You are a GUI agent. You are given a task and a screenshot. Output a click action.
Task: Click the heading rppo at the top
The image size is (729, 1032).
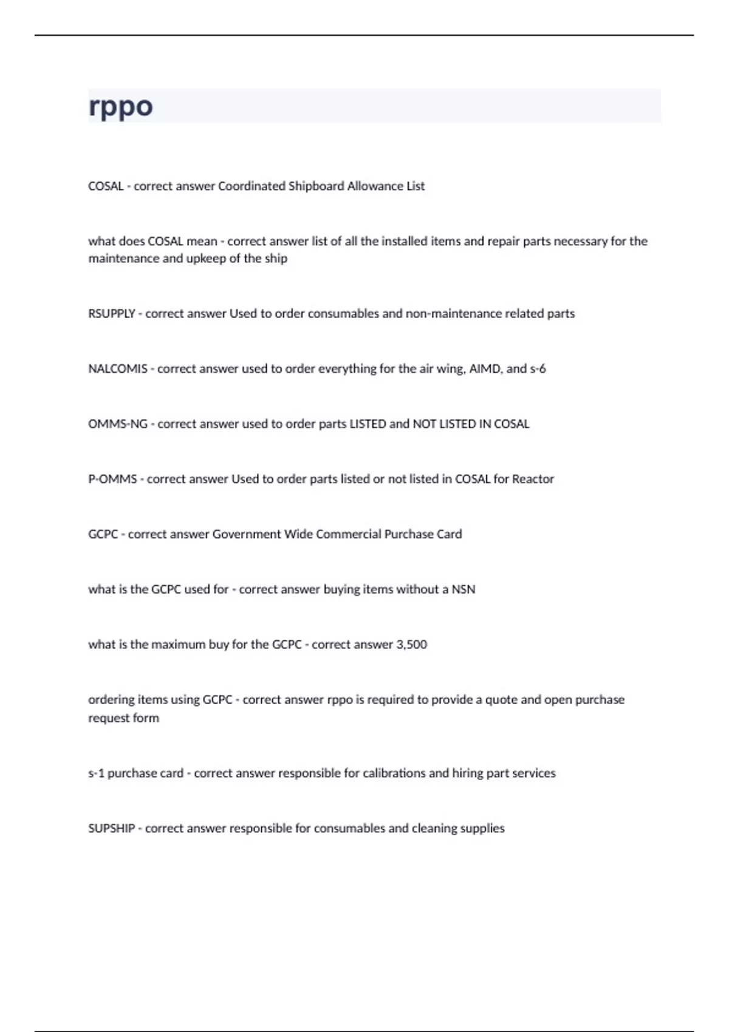(x=120, y=107)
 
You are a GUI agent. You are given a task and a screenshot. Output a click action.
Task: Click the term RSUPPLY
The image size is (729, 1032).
(x=112, y=314)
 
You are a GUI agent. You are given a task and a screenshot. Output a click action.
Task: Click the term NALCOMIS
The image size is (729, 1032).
(x=118, y=369)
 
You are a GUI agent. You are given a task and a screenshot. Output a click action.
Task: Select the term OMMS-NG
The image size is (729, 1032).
(x=118, y=424)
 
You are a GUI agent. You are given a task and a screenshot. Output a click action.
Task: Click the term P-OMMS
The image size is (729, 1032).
(x=112, y=479)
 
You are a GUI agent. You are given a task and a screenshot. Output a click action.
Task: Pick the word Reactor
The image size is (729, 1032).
(x=533, y=479)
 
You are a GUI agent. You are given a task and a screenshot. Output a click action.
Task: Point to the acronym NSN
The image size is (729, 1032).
(x=464, y=589)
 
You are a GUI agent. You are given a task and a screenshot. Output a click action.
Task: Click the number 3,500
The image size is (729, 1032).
(x=412, y=645)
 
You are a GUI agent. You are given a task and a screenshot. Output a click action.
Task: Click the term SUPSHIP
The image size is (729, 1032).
(x=112, y=829)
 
